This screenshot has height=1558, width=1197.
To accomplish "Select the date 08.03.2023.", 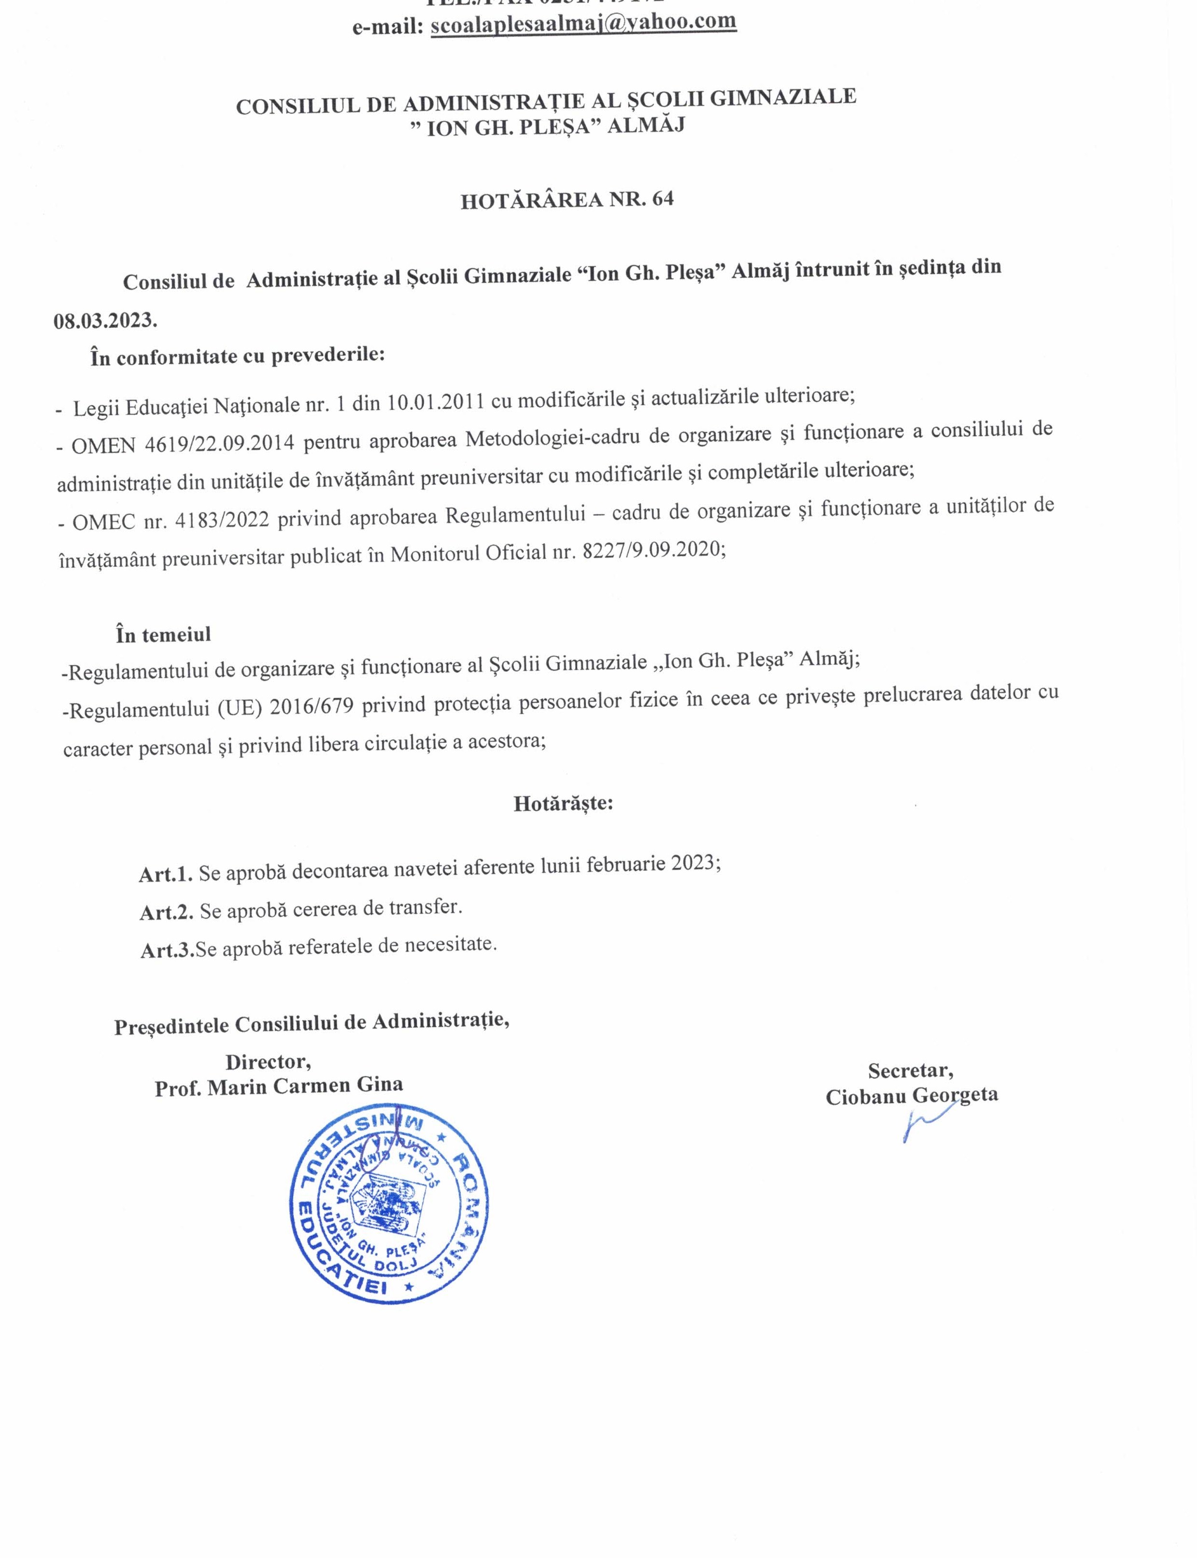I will pos(105,320).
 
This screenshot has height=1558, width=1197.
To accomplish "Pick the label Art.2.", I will pos(167,911).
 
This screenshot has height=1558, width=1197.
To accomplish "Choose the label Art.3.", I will pos(168,949).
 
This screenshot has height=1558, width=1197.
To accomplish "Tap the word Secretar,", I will pos(911,1070).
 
